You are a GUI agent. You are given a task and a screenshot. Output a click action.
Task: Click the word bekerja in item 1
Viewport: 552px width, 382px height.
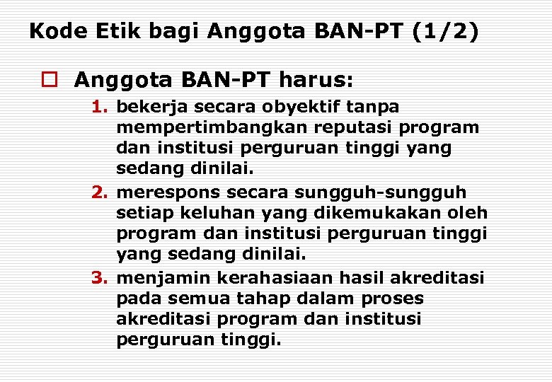[x=147, y=107]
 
